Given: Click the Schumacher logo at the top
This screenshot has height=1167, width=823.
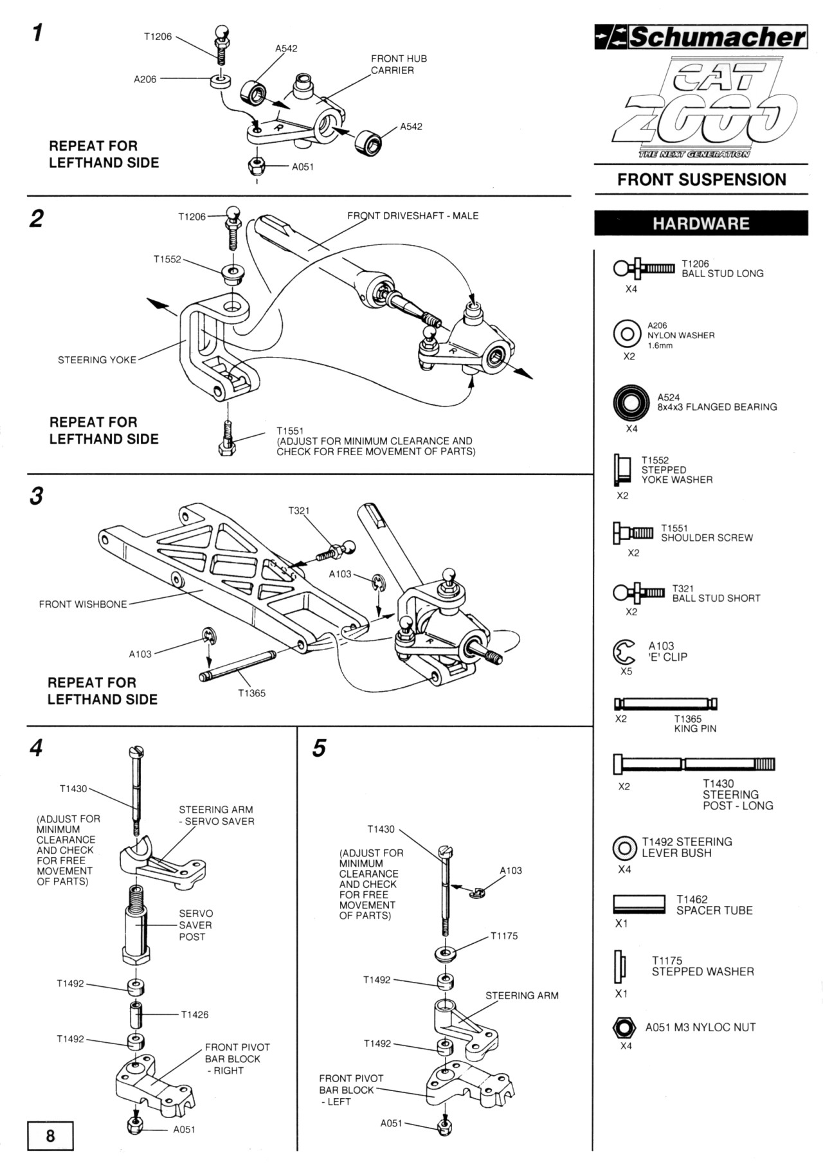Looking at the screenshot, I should point(700,37).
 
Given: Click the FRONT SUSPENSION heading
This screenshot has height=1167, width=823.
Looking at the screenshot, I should point(701,179).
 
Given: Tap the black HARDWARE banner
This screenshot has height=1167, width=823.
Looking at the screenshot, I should point(701,223).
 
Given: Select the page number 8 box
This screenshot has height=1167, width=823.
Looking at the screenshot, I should point(50,1135).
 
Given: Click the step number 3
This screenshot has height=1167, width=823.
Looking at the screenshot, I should point(37,496).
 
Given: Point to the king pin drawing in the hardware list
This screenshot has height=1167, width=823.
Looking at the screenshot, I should point(665,703).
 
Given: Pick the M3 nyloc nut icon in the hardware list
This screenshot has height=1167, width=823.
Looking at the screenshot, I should point(624,1027).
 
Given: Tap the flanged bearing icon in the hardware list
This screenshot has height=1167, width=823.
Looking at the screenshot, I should point(627,403).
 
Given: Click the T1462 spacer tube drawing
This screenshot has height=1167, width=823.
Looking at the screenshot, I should point(639,904).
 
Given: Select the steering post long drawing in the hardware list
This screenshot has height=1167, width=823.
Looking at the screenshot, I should point(694,764).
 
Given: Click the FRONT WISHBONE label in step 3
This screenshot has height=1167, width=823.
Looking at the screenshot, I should point(83,604).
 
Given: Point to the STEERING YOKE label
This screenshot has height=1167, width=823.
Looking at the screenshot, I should point(97,360).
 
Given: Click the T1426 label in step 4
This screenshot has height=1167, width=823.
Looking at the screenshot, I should point(195,1015).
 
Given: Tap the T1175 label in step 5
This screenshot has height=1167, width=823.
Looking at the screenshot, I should point(504,936).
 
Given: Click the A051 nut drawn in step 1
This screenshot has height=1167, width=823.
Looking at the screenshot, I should point(257,165).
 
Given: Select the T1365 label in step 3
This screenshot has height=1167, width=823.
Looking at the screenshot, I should point(251,693).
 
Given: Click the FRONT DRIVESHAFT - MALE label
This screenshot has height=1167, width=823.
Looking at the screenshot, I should point(413,216).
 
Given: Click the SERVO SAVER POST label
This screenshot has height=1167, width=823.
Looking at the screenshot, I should point(195,925).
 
